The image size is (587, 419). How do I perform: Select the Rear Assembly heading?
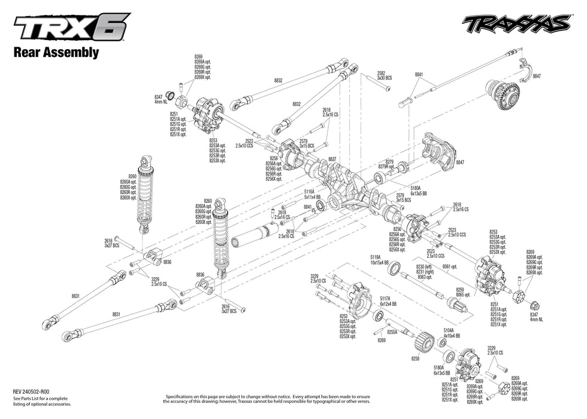coord(56,52)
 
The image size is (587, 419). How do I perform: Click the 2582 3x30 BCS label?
coord(384,75)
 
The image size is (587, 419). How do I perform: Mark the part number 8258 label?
coord(415,359)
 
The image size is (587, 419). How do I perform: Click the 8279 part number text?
coord(389,162)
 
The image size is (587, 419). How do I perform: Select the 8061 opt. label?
coord(450,266)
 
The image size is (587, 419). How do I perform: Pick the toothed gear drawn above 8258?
coord(422,342)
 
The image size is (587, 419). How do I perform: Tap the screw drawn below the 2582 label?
coord(388,89)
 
